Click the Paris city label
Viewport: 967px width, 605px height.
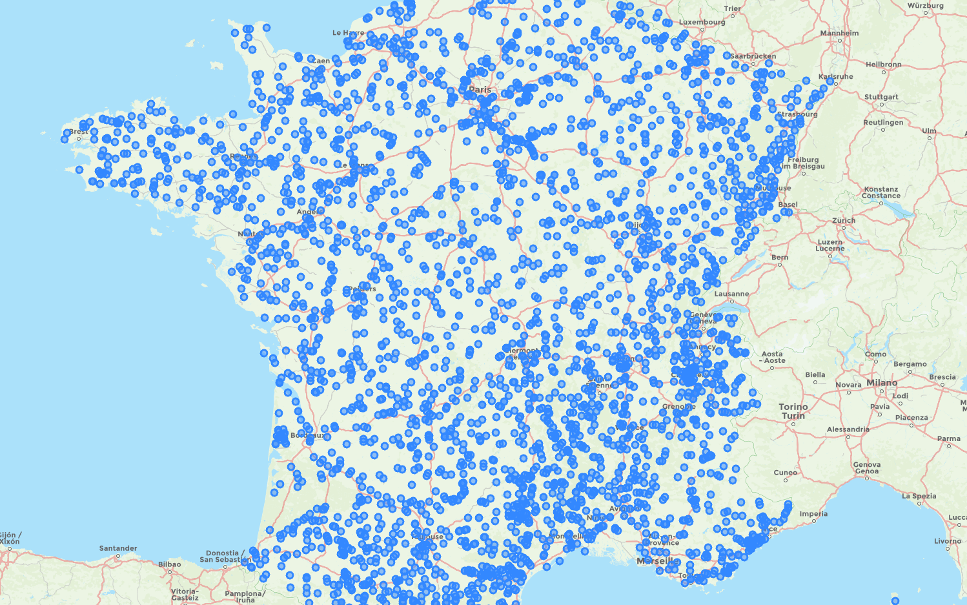480,90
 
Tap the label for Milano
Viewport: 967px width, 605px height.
882,383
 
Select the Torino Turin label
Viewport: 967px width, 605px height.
793,411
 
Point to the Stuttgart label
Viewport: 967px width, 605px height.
881,97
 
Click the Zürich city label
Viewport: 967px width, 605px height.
844,220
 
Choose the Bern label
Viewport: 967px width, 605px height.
780,257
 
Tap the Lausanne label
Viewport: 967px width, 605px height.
731,294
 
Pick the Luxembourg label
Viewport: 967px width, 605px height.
702,22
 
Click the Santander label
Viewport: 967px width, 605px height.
118,548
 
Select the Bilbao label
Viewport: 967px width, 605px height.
170,564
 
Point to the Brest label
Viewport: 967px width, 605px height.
79,132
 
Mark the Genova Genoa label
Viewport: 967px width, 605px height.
866,467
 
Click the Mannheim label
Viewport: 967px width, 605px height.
839,33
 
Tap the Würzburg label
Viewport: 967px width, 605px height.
925,6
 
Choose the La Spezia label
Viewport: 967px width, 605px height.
919,496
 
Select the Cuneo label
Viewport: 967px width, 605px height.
785,473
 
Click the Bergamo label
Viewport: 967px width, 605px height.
910,364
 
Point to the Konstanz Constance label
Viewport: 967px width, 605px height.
880,192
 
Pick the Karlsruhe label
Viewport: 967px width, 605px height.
835,76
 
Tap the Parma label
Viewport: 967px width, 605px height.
948,438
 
